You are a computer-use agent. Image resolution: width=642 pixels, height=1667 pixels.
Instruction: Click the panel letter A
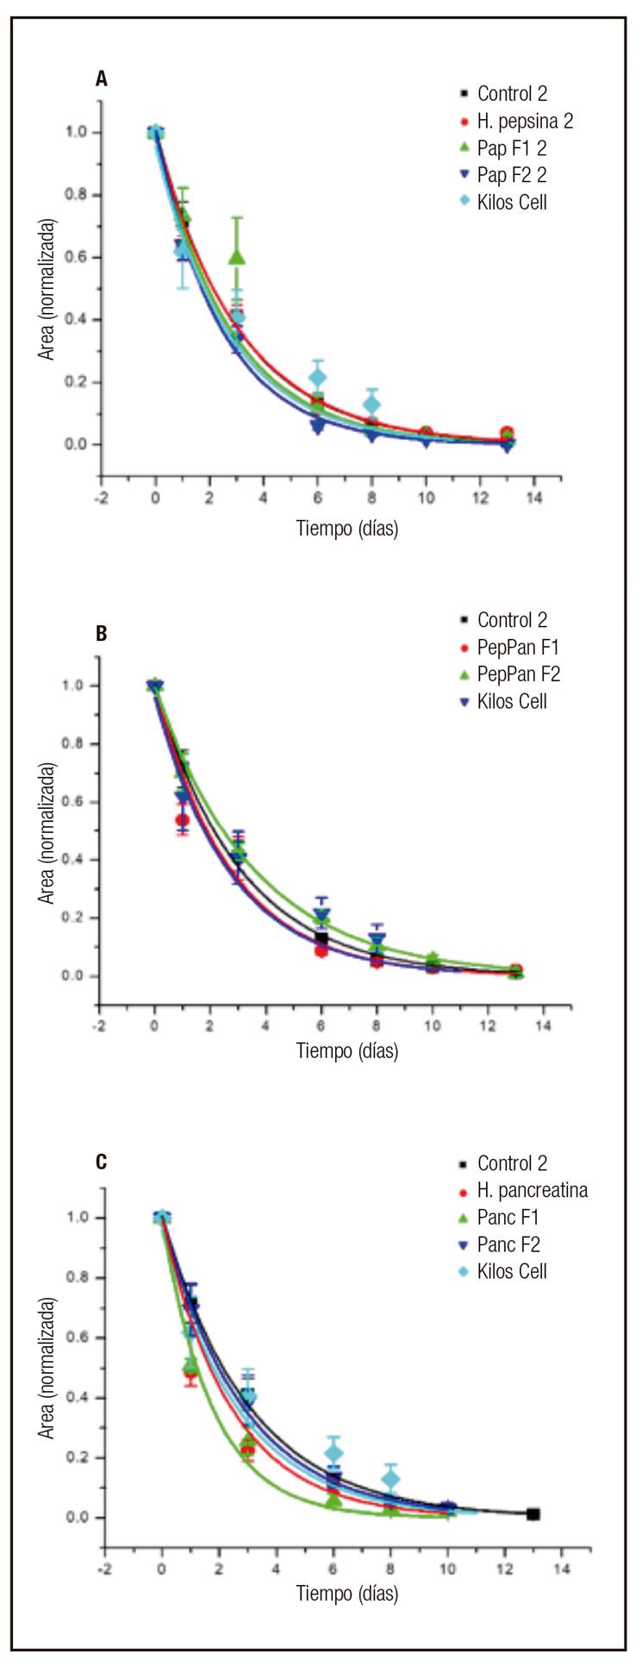click(102, 79)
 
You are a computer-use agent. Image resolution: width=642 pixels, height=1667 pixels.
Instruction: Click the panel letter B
click(102, 634)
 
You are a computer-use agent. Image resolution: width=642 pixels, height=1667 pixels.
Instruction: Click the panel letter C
click(102, 1162)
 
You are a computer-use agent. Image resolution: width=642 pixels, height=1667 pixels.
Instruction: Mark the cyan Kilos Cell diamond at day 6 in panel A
click(318, 377)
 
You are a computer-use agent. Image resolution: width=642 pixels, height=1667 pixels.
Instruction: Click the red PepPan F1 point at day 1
click(182, 819)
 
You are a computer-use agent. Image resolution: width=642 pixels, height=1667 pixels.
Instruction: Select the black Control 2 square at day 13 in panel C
click(533, 1513)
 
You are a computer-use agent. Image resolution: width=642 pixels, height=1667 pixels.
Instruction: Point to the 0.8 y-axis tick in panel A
click(78, 195)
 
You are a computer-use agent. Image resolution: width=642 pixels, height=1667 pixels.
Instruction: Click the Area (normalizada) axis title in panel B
click(47, 833)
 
